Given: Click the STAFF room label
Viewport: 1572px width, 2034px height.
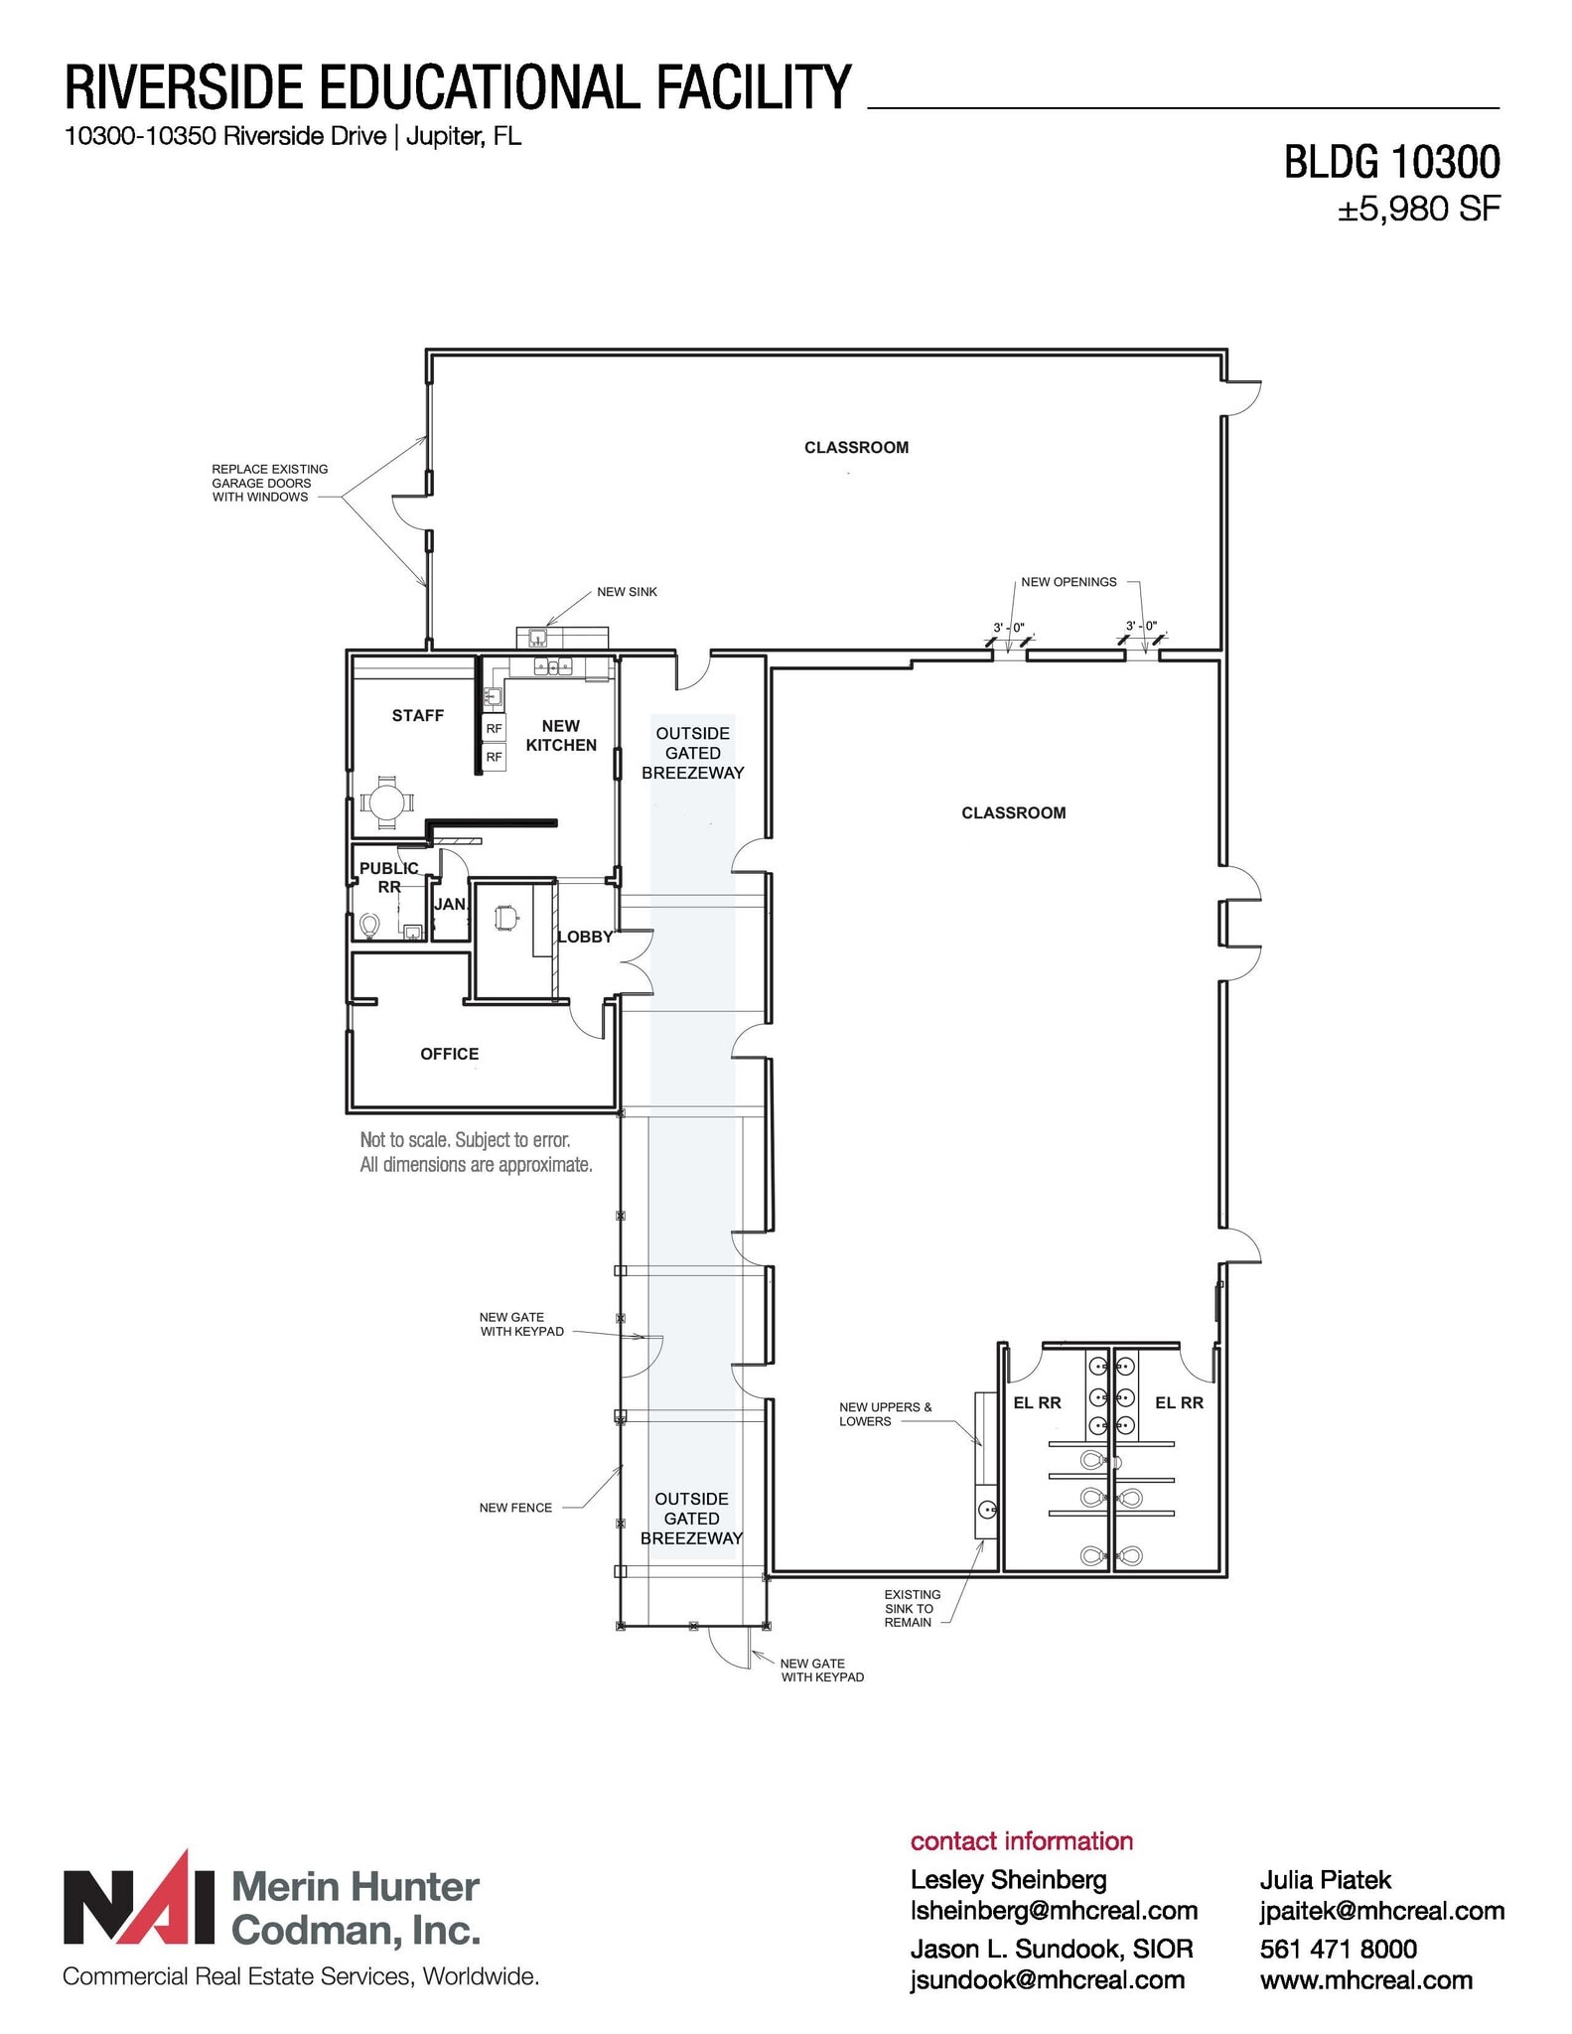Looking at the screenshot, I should (417, 715).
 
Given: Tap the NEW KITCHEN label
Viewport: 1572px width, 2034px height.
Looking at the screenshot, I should (561, 736).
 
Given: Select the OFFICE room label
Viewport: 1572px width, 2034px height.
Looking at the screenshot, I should (449, 1054).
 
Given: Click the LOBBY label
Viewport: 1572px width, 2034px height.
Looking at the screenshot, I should (585, 937).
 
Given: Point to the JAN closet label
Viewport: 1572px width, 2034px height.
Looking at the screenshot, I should (450, 904).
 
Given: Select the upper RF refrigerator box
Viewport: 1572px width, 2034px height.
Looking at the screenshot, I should (494, 729).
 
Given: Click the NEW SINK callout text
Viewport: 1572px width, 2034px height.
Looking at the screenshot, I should (627, 592).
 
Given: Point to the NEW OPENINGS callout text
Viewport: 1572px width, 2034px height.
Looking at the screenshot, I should (1069, 582).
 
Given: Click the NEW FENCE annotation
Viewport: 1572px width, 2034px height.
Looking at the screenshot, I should (515, 1508).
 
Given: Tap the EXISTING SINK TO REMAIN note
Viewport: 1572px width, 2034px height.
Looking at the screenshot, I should (911, 1608).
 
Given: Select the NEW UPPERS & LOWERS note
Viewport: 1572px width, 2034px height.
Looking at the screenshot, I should (885, 1414).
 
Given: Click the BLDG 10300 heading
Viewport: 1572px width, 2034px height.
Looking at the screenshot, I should (1391, 162).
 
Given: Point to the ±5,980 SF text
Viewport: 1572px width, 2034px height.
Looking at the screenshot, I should (1418, 210).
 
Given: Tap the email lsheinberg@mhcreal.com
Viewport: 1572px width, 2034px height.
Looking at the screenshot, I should (1054, 1911).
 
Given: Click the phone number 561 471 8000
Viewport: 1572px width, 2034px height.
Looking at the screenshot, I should (1338, 1949).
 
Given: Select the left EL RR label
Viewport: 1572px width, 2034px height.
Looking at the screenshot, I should (1037, 1403).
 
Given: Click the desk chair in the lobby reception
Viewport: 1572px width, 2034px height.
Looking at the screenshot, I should (505, 919).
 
